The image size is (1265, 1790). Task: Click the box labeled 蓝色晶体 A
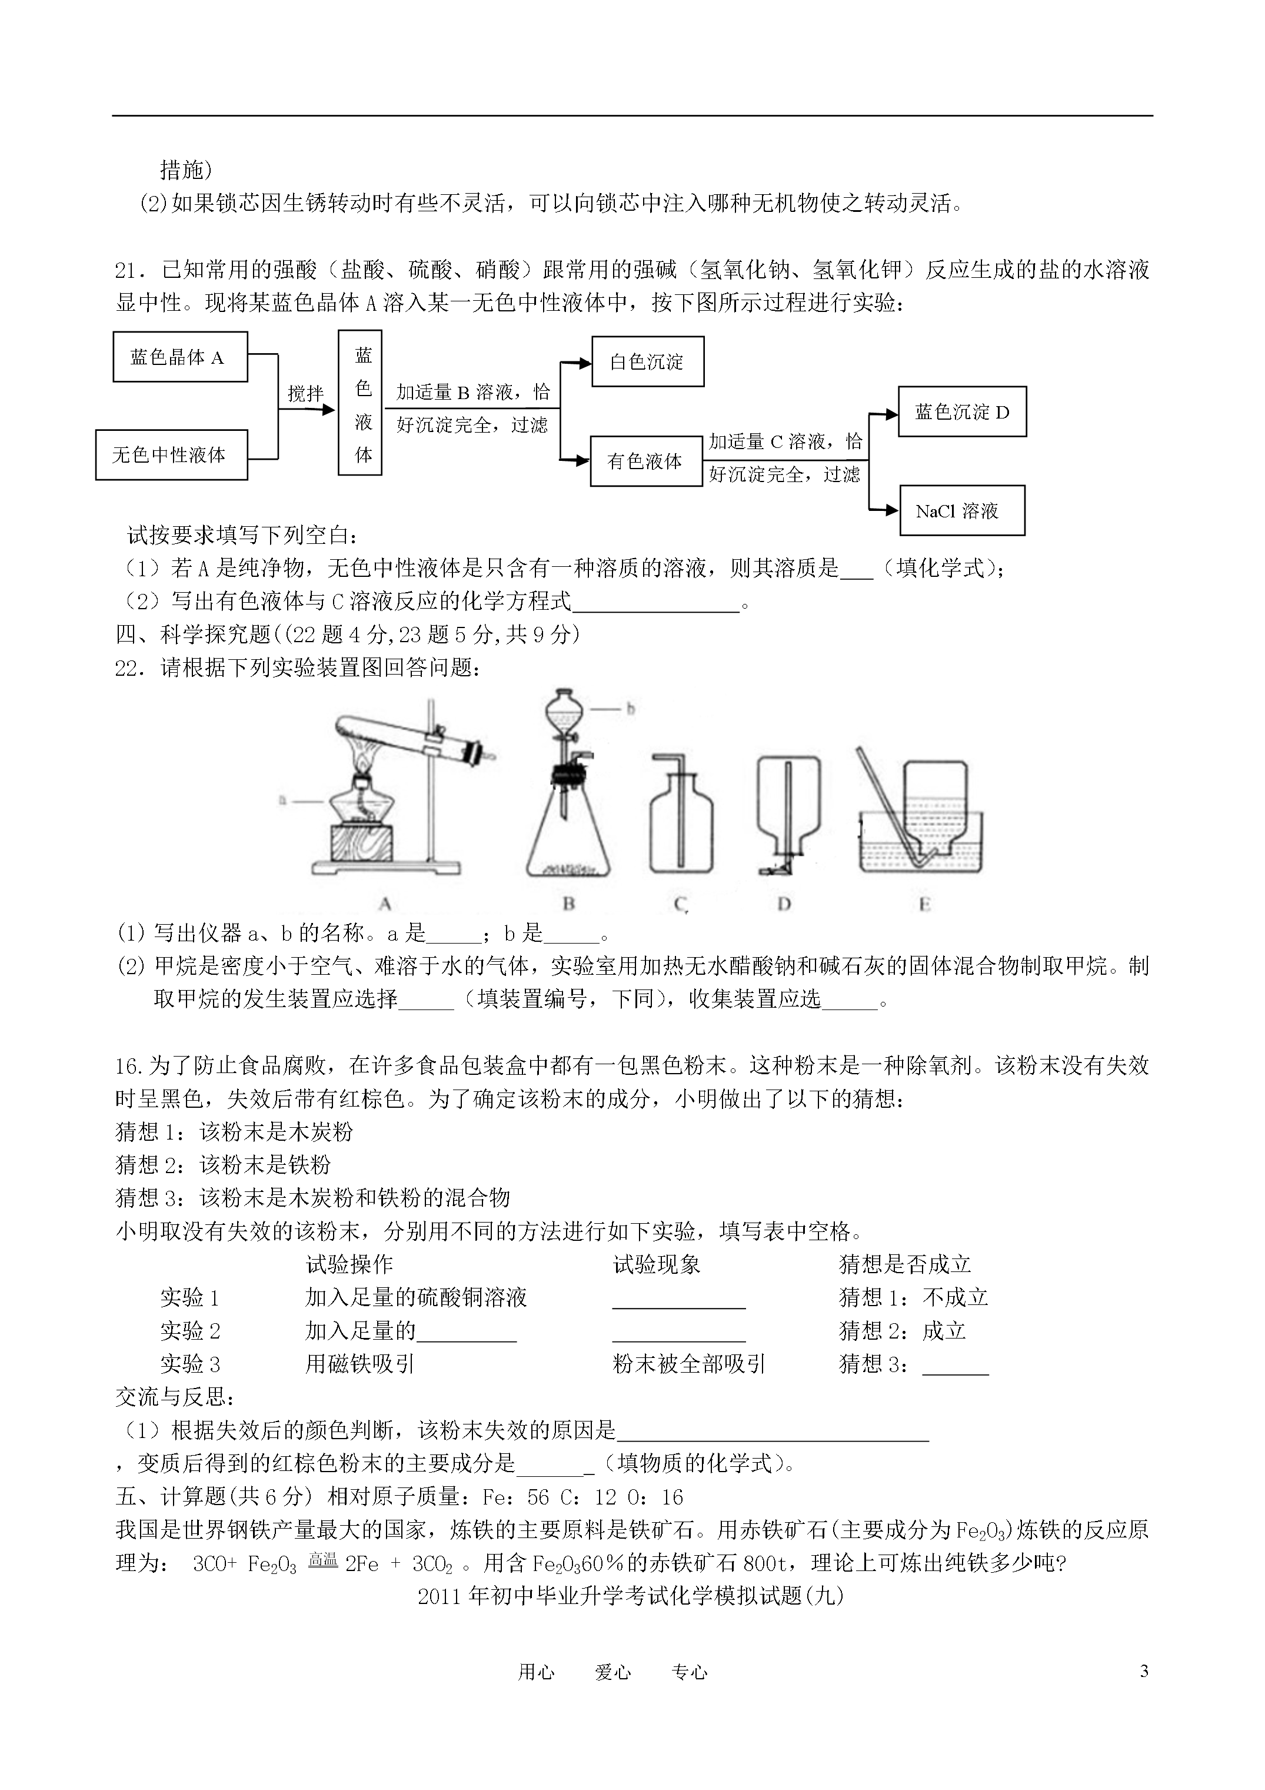(x=180, y=357)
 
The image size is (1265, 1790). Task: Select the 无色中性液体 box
(x=171, y=455)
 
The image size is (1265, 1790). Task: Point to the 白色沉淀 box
(x=648, y=362)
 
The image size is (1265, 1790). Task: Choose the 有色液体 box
(x=646, y=461)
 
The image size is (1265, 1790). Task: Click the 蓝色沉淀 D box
(x=962, y=411)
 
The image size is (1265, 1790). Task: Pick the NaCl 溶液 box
(x=962, y=512)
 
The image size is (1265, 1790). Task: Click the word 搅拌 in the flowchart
(x=305, y=394)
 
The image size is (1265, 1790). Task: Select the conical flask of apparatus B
(x=568, y=838)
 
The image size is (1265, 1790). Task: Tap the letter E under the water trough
(x=924, y=904)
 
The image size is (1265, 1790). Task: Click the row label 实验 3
(x=190, y=1364)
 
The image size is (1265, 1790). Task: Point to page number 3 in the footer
(x=1144, y=1671)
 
